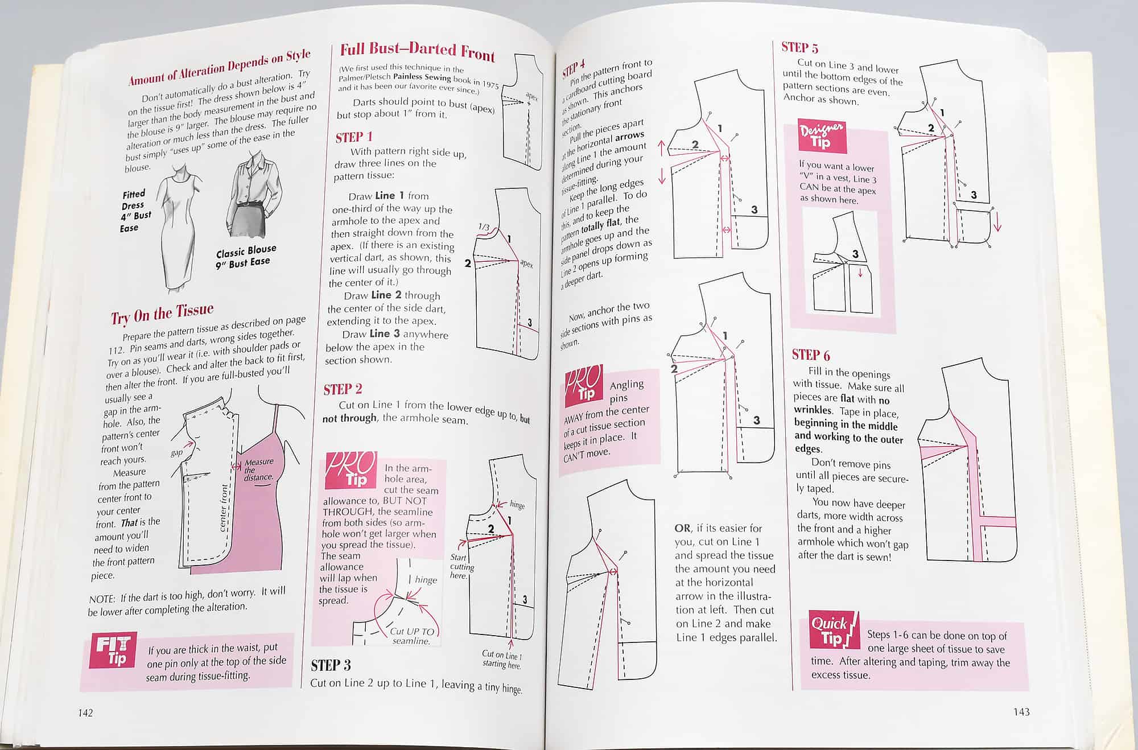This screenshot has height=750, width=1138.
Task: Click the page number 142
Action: pyautogui.click(x=85, y=713)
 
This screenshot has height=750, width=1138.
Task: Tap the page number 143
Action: pyautogui.click(x=1021, y=712)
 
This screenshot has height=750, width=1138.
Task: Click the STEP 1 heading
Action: pyautogui.click(x=353, y=137)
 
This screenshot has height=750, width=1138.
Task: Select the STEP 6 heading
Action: pyautogui.click(x=811, y=356)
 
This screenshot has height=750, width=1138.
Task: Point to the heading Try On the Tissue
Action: pyautogui.click(x=162, y=313)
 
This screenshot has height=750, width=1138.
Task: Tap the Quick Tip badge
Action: pyautogui.click(x=832, y=631)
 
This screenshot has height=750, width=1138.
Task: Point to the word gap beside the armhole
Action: pyautogui.click(x=177, y=452)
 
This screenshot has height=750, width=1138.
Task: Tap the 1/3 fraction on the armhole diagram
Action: pyautogui.click(x=484, y=227)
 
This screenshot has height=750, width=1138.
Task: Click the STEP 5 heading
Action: pyautogui.click(x=799, y=48)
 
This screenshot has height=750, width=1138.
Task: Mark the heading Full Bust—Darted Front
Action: pyautogui.click(x=417, y=51)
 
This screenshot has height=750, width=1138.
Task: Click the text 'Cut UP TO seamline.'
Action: pyautogui.click(x=412, y=636)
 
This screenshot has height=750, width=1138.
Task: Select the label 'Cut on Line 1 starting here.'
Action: pyautogui.click(x=502, y=660)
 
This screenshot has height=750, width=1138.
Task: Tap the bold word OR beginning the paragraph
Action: pyautogui.click(x=682, y=528)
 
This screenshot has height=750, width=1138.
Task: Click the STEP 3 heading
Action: pyautogui.click(x=331, y=665)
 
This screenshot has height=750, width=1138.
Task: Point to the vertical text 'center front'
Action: pyautogui.click(x=224, y=506)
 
